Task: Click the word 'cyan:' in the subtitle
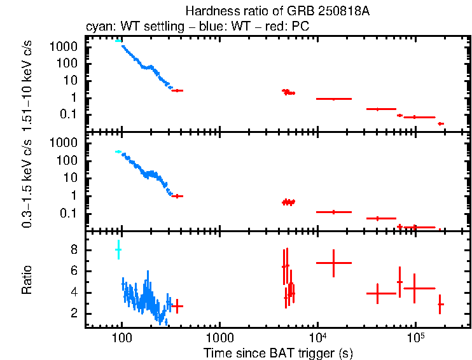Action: [97, 27]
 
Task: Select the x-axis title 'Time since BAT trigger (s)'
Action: [278, 352]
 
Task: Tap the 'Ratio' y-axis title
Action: [27, 280]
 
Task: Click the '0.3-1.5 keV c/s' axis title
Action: [27, 182]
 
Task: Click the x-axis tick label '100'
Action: [121, 336]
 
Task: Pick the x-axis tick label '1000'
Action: [219, 336]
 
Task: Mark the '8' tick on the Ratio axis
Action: [74, 251]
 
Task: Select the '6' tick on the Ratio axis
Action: [74, 272]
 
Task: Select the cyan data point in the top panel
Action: [118, 41]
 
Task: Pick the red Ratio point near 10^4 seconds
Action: [334, 262]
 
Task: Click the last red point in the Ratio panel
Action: [440, 305]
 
